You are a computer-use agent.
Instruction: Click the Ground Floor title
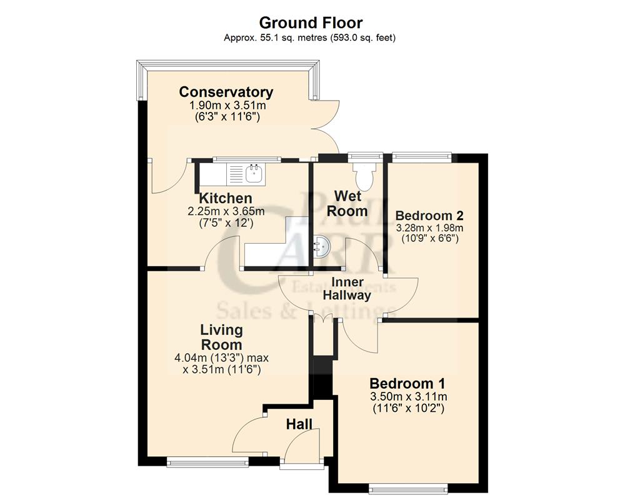point(311,23)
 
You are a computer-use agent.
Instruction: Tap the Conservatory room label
point(226,92)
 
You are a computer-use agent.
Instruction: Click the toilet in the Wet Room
point(362,174)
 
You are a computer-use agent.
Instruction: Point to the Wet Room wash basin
point(322,247)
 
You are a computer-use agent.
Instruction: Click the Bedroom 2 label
point(429,216)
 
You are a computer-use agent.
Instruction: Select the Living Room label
point(221,337)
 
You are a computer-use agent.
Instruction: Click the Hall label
point(299,424)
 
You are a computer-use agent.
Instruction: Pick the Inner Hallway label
point(346,289)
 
